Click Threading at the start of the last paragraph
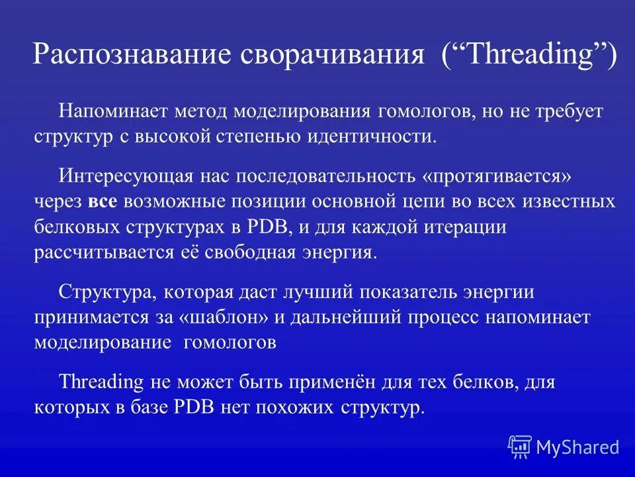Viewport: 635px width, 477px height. (x=101, y=382)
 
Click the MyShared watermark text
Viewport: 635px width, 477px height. (x=577, y=447)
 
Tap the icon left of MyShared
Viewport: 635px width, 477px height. (x=520, y=447)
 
